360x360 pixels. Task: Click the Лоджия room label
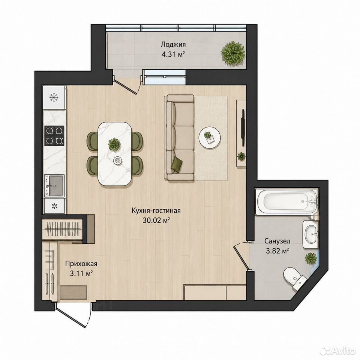[173, 44]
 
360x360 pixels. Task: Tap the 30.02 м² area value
[156, 220]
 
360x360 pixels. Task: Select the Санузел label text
[277, 241]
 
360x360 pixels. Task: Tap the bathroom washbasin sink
[311, 234]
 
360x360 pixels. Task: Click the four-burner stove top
[54, 135]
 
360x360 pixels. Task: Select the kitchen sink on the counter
[54, 186]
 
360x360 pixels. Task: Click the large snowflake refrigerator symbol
[54, 97]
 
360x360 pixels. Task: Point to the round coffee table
[210, 137]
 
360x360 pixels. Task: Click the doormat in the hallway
[73, 292]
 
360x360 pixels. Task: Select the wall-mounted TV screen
[243, 127]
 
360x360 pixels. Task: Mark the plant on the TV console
[241, 156]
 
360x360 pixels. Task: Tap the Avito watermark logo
[338, 351]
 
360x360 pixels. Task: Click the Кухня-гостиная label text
[156, 210]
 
